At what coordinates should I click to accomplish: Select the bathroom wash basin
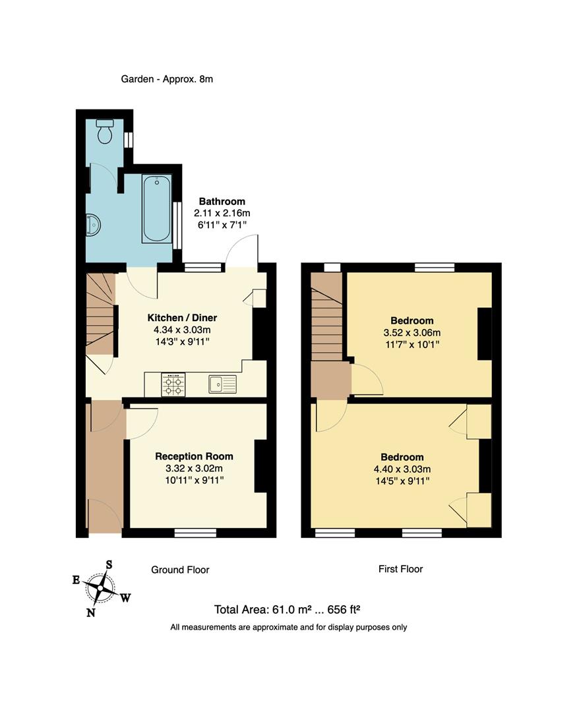pos(93,225)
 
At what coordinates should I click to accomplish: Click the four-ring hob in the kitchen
pos(173,385)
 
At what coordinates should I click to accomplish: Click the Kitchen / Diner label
pos(182,317)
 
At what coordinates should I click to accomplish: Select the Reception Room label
pos(194,456)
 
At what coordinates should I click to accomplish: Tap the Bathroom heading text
pos(222,201)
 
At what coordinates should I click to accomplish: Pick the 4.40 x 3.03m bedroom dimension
pos(402,469)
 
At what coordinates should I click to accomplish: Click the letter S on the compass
pos(109,564)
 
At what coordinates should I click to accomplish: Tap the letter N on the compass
pos(90,612)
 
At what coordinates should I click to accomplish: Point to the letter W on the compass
pos(125,598)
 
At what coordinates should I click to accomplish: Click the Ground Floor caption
pos(180,570)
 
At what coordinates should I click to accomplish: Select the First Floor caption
pos(401,568)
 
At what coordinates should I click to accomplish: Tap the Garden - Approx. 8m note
pos(167,79)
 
